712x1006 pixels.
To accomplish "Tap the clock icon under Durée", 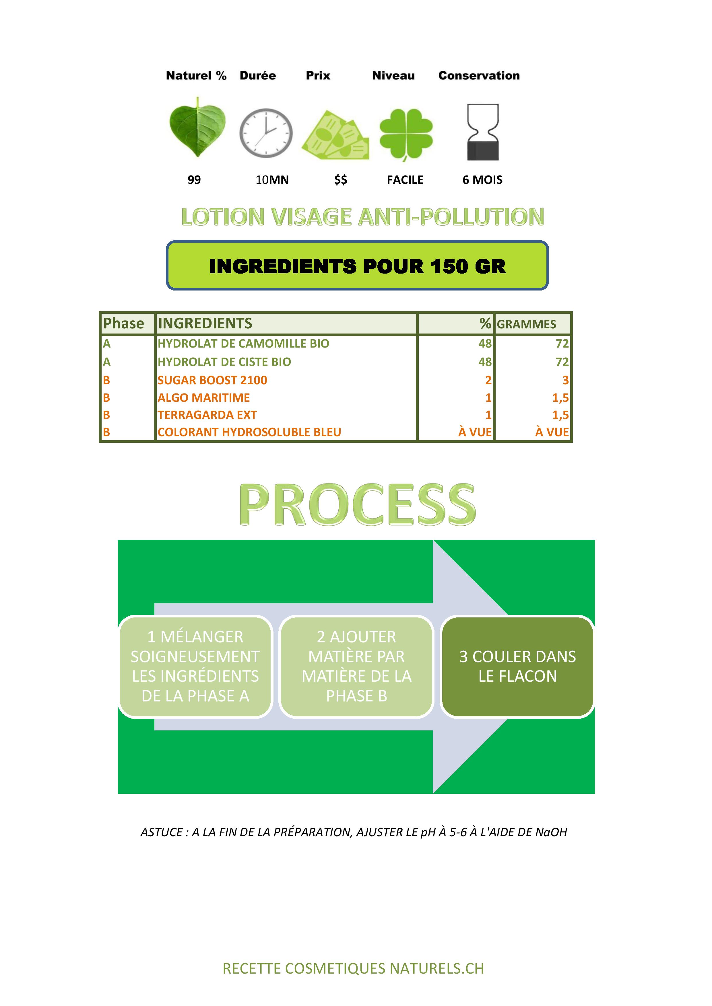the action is coord(266,133).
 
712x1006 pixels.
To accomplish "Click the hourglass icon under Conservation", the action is coord(483,132).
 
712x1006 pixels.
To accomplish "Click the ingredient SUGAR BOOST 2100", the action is coord(212,380).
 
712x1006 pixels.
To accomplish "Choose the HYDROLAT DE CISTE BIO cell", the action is coord(224,362).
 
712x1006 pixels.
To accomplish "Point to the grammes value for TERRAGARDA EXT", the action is coord(560,415).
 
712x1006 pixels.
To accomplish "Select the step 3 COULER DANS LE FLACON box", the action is coord(517,666).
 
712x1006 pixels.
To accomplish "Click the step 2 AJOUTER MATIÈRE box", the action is coord(356,666).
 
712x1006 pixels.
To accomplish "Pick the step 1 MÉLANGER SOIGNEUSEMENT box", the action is coord(195,666).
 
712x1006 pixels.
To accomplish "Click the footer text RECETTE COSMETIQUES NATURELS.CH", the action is coord(353,968).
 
